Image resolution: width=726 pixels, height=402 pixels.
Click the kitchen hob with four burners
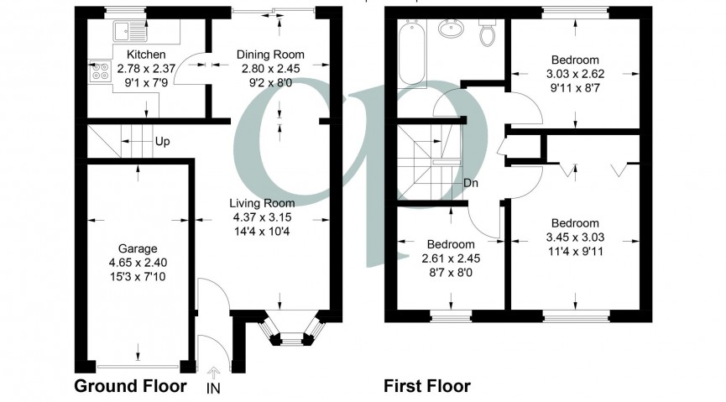(x=100, y=72)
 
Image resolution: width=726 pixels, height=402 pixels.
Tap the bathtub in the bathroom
(x=411, y=54)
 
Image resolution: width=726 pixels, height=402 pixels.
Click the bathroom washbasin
(x=452, y=30)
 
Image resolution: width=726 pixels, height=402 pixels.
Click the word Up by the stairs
(x=162, y=141)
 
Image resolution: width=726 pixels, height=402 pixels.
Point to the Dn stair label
(x=472, y=183)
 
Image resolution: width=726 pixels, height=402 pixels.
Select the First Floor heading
(x=427, y=386)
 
